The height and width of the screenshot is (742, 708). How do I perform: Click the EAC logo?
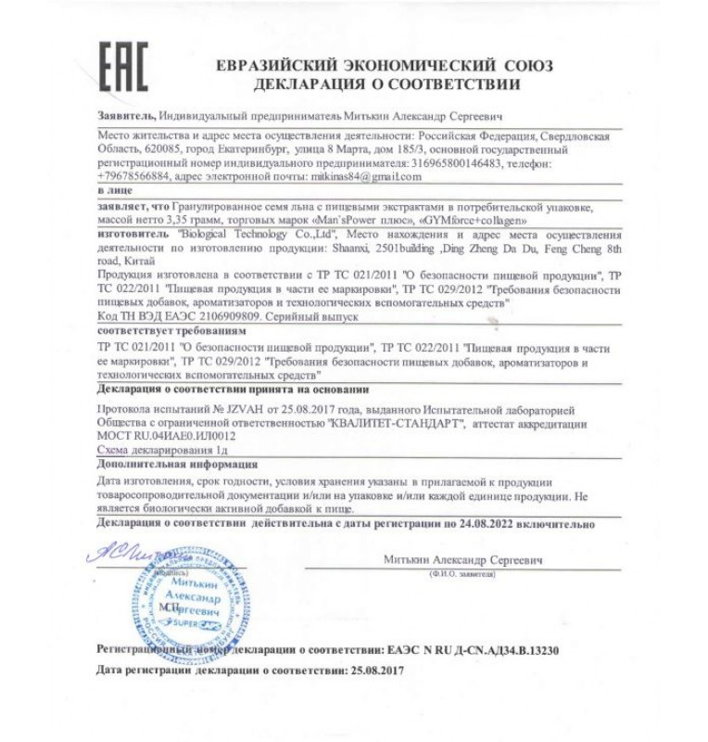click(122, 66)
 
